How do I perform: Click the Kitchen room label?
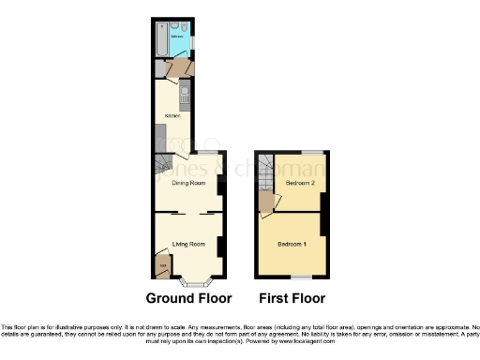pyautogui.click(x=172, y=115)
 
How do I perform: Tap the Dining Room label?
pyautogui.click(x=188, y=183)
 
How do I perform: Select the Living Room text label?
pyautogui.click(x=188, y=245)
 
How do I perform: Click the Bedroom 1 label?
pyautogui.click(x=292, y=245)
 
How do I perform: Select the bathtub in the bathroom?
pyautogui.click(x=161, y=37)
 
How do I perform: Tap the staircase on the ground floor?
pyautogui.click(x=163, y=168)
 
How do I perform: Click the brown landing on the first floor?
pyautogui.click(x=267, y=201)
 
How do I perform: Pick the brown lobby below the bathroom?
pyautogui.click(x=175, y=68)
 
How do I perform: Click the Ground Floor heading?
pyautogui.click(x=188, y=299)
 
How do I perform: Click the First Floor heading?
pyautogui.click(x=292, y=299)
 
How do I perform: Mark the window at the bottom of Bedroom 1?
pyautogui.click(x=300, y=277)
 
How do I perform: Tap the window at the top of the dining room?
pyautogui.click(x=204, y=151)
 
